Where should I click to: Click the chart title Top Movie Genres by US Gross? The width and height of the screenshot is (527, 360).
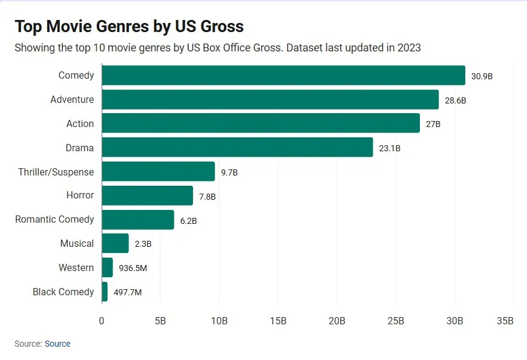pos(129,27)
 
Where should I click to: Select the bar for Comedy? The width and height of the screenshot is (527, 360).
pos(283,76)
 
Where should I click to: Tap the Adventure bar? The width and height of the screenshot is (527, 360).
pos(270,100)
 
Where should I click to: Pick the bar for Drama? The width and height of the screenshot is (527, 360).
pos(237,148)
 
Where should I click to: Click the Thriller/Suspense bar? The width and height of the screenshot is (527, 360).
pos(158,172)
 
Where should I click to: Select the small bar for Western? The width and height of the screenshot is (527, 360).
pos(107,267)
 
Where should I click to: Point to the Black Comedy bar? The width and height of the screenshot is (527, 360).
pos(105,292)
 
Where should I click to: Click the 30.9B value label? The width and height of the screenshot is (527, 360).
pos(482,76)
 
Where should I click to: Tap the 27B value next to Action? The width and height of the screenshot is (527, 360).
pos(433,124)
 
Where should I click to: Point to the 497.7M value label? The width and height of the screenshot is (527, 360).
pos(128,292)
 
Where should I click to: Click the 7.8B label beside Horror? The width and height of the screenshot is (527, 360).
pos(207,196)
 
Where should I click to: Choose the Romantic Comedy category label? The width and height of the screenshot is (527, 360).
pos(54,219)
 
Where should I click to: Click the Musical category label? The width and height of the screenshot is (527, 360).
pos(77,243)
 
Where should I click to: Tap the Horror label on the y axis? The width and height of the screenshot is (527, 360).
pos(80,195)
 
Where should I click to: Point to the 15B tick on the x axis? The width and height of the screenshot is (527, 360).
pos(278,321)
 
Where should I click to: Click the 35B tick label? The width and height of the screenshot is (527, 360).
pos(505,321)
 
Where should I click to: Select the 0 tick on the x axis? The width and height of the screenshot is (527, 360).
pos(102,321)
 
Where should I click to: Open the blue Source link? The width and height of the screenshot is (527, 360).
pos(57,344)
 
